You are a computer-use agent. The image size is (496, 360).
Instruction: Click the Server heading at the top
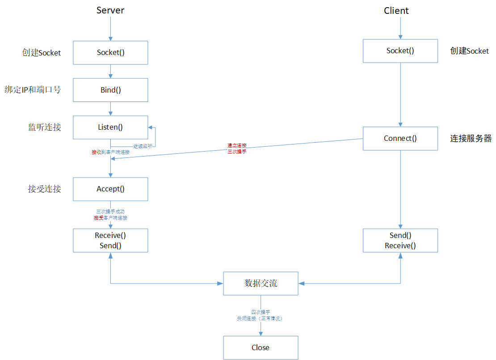click(x=110, y=10)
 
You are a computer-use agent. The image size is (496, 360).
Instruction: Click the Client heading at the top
click(x=396, y=11)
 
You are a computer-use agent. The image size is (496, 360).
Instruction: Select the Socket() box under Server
click(x=110, y=52)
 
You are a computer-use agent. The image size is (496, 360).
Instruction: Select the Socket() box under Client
click(x=400, y=51)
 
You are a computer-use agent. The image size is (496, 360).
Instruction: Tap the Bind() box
click(x=110, y=90)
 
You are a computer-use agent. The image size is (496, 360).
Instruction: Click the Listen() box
click(x=110, y=127)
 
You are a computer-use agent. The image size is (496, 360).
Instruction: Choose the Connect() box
click(x=400, y=138)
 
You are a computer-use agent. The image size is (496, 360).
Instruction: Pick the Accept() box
click(x=110, y=189)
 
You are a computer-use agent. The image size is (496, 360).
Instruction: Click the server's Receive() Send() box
click(x=110, y=241)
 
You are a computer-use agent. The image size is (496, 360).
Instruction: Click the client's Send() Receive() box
click(x=400, y=241)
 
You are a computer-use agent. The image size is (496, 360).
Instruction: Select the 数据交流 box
click(x=261, y=283)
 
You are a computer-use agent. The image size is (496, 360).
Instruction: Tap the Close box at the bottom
click(x=261, y=347)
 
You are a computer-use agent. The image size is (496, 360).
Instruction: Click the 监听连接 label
click(x=44, y=127)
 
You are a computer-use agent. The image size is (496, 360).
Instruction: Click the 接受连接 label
click(x=44, y=189)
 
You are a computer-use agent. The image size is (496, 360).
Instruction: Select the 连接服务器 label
click(x=471, y=139)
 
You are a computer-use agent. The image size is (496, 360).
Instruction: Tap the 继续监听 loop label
click(x=143, y=146)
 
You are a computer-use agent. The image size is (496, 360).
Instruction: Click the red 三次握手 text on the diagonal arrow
click(x=237, y=152)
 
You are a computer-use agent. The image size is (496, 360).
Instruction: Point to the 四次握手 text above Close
click(x=260, y=312)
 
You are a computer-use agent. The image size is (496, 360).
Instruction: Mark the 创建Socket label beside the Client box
click(x=469, y=51)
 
